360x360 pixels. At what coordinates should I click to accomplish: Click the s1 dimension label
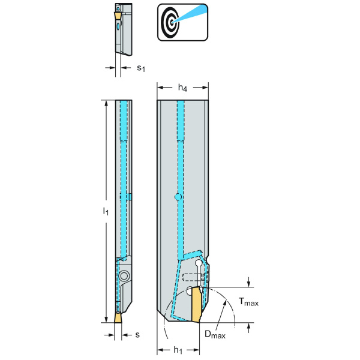coord(140,68)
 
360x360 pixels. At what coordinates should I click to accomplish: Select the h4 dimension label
coord(183,88)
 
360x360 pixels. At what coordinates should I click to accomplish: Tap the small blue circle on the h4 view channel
coord(178,197)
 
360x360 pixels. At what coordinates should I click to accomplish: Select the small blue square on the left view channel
coord(128,197)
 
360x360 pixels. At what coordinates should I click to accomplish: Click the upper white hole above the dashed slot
coord(199,263)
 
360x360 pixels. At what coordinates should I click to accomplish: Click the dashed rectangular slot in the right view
coord(191,277)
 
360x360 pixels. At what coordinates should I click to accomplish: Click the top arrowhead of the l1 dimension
coord(107,102)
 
